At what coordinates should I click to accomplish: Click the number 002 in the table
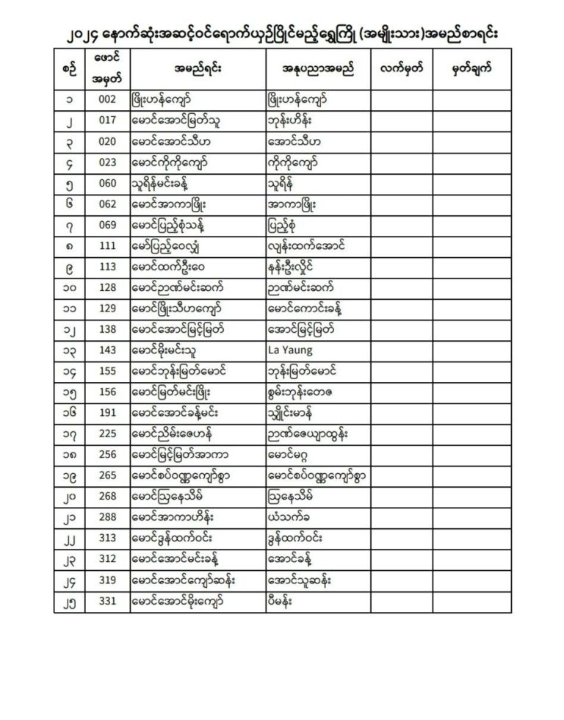pos(107,98)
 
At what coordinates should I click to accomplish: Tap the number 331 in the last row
pos(107,602)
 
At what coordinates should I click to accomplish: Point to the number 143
pos(107,352)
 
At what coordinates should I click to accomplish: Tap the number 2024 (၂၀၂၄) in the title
pos(73,35)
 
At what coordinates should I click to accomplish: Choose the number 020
pos(107,141)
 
